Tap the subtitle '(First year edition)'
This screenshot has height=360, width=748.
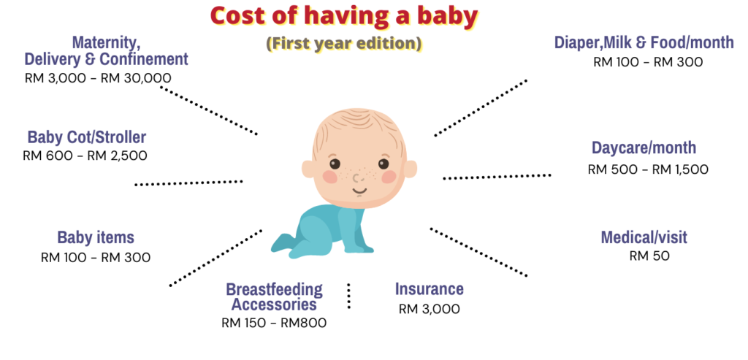pos(344,44)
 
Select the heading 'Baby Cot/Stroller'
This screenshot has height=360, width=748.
pos(87,137)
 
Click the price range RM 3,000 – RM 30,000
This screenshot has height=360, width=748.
pos(98,78)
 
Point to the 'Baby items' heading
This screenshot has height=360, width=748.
pos(96,237)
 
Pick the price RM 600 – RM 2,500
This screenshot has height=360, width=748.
pos(85,156)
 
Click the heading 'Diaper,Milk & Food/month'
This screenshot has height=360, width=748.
pos(644,43)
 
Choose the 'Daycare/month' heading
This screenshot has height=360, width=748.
pos(644,148)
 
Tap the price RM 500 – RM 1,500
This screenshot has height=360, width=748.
pos(648,169)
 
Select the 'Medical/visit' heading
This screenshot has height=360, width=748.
pos(644,237)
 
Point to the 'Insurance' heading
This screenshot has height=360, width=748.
pos(430,288)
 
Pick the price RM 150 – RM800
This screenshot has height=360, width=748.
pos(274,323)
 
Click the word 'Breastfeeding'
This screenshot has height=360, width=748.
pos(275,289)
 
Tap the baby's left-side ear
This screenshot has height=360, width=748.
pos(308,169)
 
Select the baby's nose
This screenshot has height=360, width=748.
pos(356,178)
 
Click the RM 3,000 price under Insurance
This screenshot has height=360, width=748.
pos(430,309)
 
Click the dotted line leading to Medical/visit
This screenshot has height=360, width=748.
pos(478,252)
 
